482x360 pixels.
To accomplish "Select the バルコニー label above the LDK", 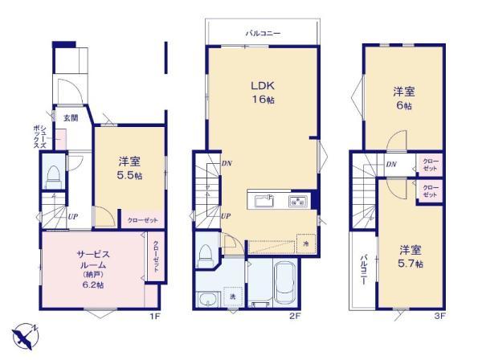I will point(263,34).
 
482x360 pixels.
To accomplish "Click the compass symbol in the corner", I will point(25,333).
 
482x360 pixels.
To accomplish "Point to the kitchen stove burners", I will point(297,201).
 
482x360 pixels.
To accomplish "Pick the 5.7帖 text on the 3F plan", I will point(407,264).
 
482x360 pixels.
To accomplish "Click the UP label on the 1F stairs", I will point(72,216).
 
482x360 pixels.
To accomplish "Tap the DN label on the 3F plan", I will point(390,165).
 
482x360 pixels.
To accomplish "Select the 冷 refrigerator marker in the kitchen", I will point(305,243).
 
